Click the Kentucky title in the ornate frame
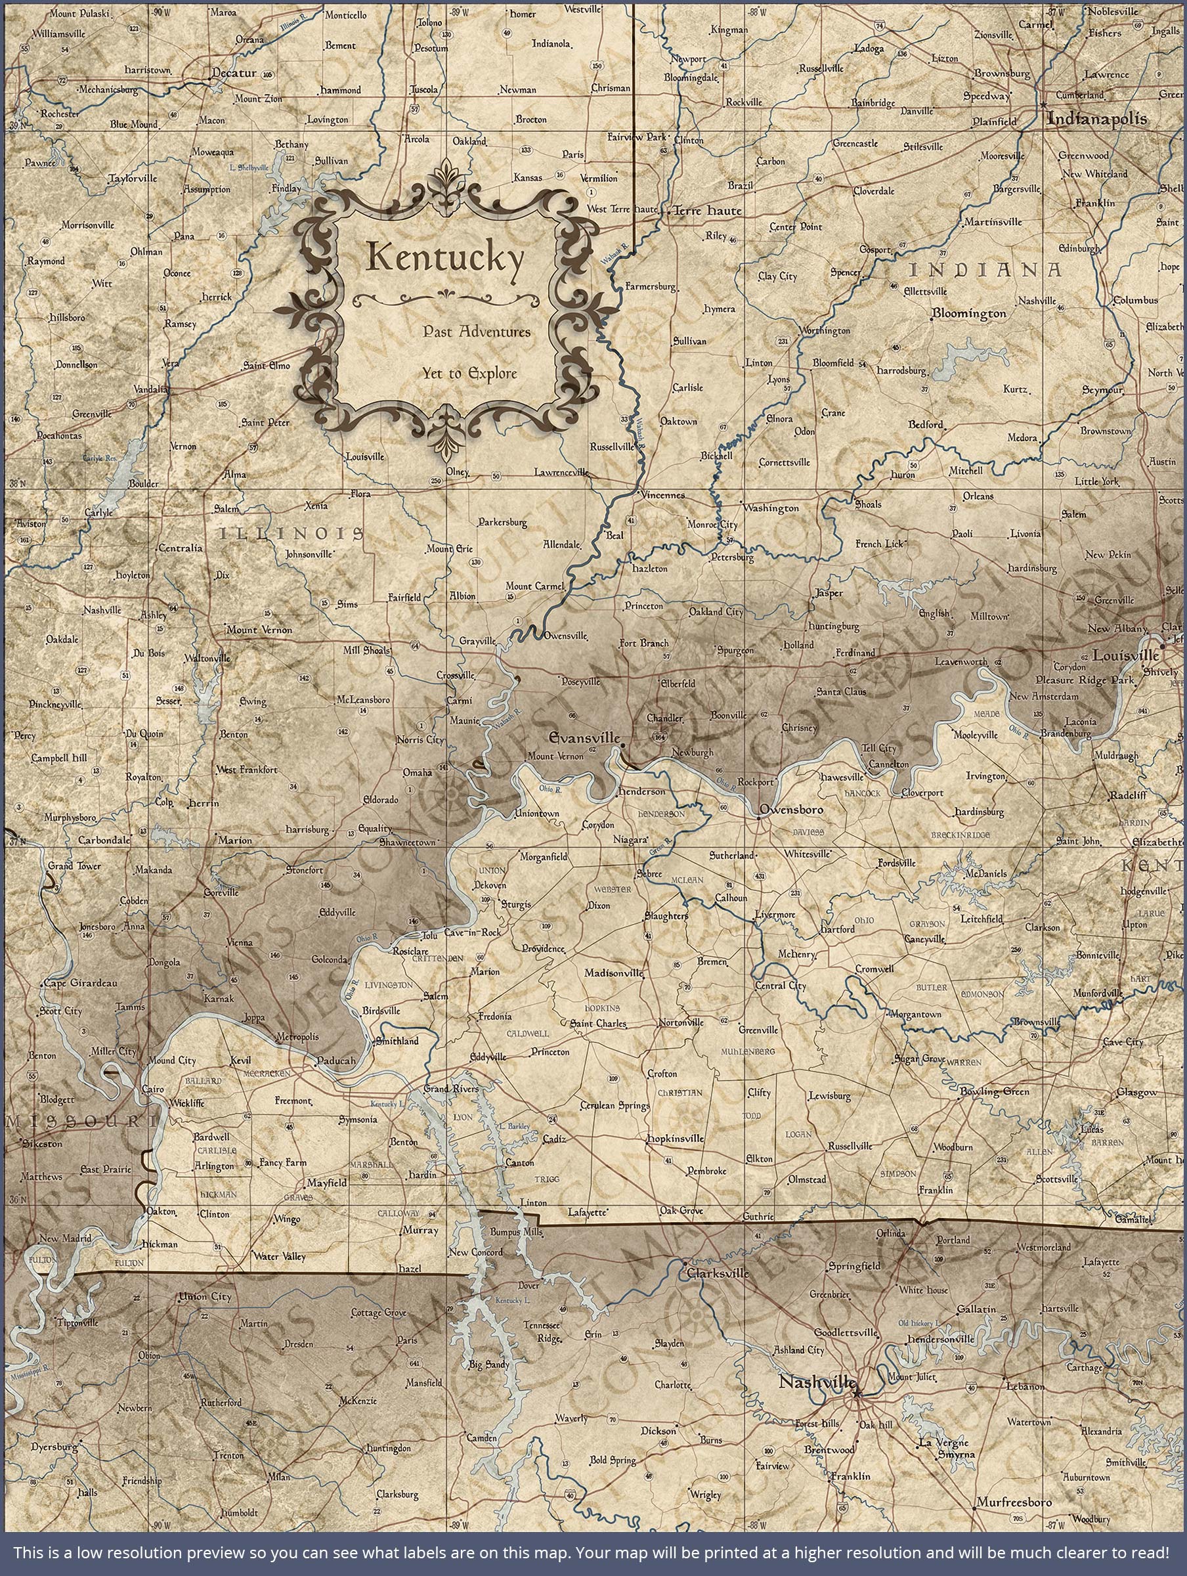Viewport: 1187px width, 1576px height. pyautogui.click(x=444, y=259)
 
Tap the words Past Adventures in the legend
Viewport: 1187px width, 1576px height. pyautogui.click(x=477, y=332)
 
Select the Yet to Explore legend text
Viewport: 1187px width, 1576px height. pyautogui.click(x=469, y=374)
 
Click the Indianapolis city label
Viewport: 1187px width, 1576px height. pyautogui.click(x=1097, y=118)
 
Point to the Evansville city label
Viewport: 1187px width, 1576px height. pyautogui.click(x=584, y=738)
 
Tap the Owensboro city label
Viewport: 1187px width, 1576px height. pyautogui.click(x=791, y=810)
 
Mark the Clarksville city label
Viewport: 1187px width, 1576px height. pyautogui.click(x=717, y=1273)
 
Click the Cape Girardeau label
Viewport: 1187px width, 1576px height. pyautogui.click(x=81, y=983)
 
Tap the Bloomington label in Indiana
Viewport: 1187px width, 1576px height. pyautogui.click(x=969, y=313)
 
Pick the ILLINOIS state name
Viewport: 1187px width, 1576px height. pyautogui.click(x=291, y=533)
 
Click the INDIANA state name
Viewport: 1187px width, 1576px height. pyautogui.click(x=985, y=270)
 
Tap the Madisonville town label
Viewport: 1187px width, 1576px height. pyautogui.click(x=613, y=973)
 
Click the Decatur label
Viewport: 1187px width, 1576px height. pyautogui.click(x=234, y=73)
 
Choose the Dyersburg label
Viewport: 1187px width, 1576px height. pyautogui.click(x=54, y=1427)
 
